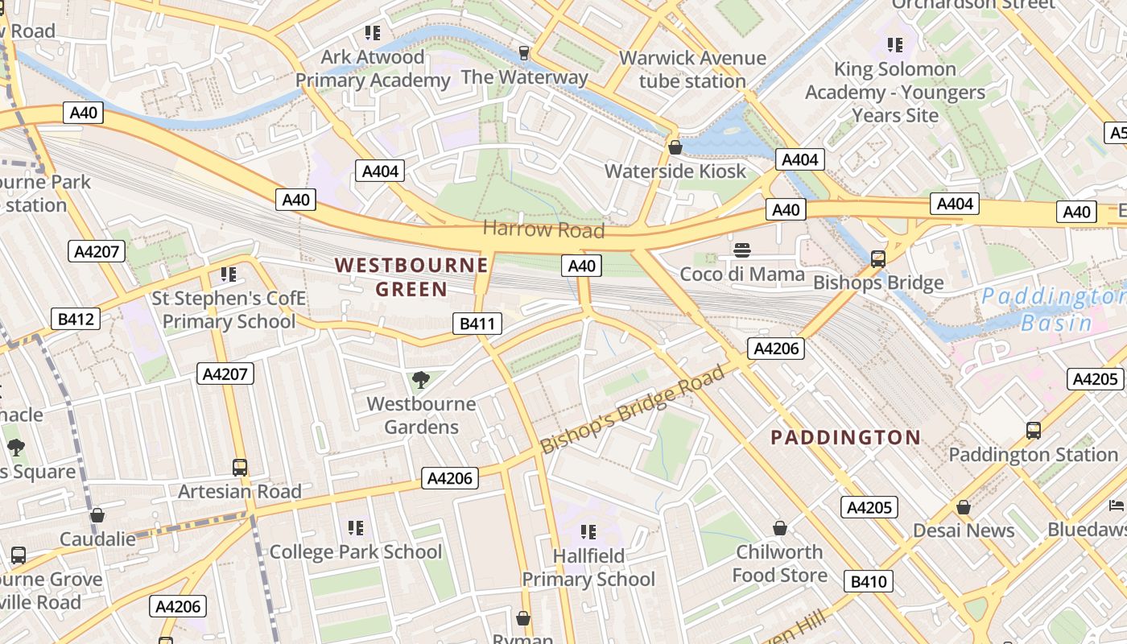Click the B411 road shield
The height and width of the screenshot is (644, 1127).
click(x=477, y=324)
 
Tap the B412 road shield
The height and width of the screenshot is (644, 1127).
click(x=76, y=319)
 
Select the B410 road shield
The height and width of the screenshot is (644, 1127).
click(x=869, y=581)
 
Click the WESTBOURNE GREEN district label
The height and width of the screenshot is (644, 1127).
click(x=411, y=277)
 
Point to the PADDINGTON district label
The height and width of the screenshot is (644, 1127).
click(x=845, y=437)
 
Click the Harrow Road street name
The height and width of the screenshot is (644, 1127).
click(x=543, y=229)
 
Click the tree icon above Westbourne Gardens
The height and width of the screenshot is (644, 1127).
click(x=419, y=379)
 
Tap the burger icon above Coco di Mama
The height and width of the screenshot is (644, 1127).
click(x=741, y=250)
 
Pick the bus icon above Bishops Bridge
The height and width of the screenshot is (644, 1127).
click(x=877, y=259)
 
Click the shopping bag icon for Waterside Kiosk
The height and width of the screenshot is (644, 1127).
click(x=675, y=147)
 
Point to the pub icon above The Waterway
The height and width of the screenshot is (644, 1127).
click(x=524, y=53)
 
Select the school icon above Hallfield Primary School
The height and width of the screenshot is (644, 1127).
click(x=588, y=531)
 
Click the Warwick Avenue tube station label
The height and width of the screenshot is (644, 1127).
click(x=692, y=69)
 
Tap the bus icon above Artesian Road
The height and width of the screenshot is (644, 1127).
click(x=239, y=467)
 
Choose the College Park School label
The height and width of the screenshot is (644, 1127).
click(x=355, y=551)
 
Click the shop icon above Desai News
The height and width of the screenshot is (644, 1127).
click(x=963, y=507)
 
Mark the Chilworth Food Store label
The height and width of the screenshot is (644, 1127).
click(x=779, y=563)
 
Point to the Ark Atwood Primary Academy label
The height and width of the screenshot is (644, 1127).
click(x=372, y=68)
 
